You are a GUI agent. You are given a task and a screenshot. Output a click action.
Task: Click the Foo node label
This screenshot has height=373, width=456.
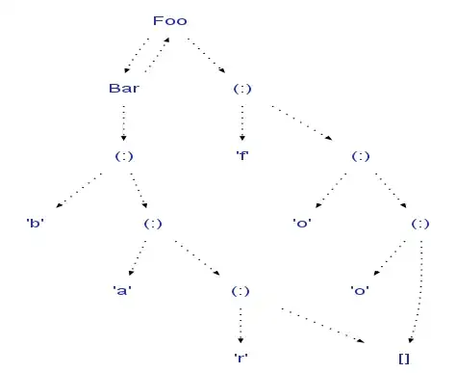click(x=170, y=21)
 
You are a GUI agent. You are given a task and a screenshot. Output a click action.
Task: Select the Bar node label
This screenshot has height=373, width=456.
click(x=124, y=89)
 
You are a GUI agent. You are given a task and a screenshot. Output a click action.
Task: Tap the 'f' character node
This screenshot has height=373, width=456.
click(x=242, y=156)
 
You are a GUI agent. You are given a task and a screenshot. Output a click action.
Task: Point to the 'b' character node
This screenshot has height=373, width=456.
click(x=36, y=223)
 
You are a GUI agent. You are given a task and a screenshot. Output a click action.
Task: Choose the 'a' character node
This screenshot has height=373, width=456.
click(x=122, y=290)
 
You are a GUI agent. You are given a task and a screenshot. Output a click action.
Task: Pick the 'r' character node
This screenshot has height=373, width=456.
click(x=241, y=358)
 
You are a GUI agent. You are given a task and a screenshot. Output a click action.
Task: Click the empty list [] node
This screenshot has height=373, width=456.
click(x=404, y=359)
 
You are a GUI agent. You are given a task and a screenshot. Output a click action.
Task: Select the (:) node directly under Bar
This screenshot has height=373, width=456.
click(x=124, y=156)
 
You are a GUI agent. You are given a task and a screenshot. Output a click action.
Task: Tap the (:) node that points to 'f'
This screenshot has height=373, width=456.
click(x=242, y=89)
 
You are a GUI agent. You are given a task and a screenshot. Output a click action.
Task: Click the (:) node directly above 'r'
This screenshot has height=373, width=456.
click(x=241, y=291)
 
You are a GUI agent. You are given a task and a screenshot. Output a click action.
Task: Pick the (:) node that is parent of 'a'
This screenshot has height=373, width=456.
click(x=153, y=224)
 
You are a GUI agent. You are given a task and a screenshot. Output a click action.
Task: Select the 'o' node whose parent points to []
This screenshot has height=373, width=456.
click(x=360, y=291)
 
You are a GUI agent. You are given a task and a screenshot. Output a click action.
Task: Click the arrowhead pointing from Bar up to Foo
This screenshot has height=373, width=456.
click(x=166, y=40)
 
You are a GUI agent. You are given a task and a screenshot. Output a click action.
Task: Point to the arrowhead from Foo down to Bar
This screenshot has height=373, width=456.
click(x=127, y=70)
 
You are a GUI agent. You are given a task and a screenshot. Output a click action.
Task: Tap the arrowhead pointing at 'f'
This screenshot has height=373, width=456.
click(x=242, y=138)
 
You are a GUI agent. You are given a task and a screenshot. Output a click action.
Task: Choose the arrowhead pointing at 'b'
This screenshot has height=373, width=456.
click(x=59, y=205)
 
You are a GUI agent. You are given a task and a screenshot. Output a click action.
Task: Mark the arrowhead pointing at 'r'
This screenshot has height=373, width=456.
click(x=241, y=340)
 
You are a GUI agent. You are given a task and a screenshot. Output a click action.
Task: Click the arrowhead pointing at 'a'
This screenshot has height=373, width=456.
click(x=131, y=273)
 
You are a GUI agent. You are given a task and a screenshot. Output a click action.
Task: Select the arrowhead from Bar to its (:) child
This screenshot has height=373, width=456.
click(x=124, y=138)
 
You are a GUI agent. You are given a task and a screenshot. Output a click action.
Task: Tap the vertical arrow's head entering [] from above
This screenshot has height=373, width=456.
click(x=411, y=340)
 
